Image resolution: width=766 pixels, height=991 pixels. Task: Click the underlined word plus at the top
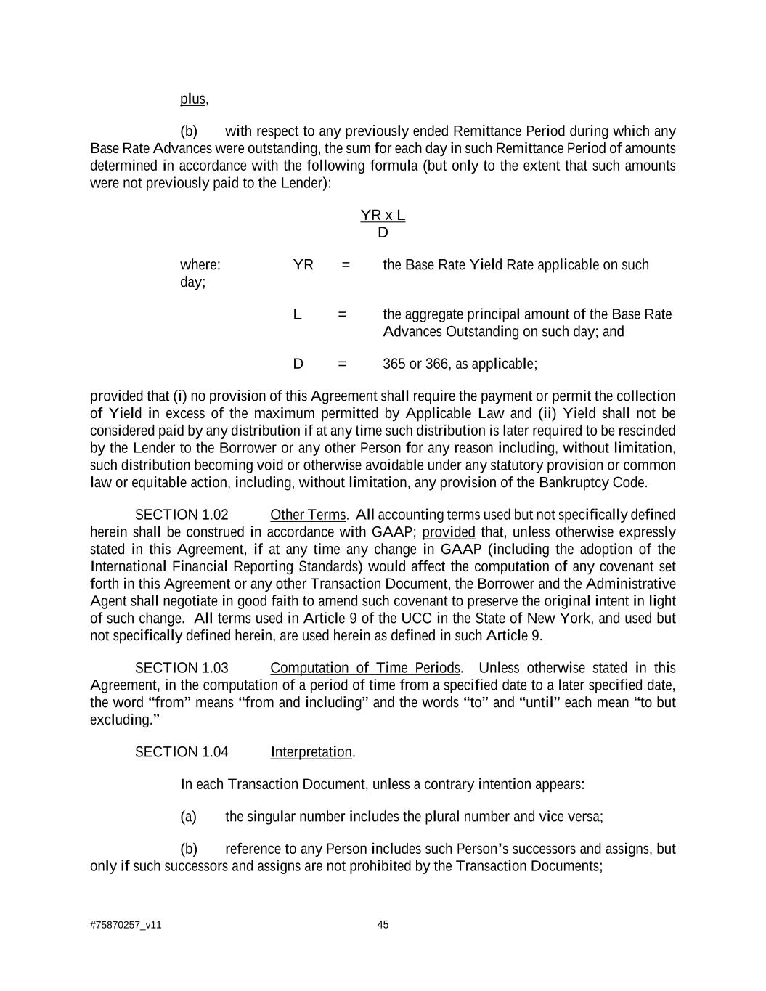click(x=192, y=99)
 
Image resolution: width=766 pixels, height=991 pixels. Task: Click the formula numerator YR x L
click(x=383, y=216)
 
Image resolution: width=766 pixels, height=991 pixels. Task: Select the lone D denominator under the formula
click(x=383, y=233)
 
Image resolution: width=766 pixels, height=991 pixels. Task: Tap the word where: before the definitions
click(x=200, y=265)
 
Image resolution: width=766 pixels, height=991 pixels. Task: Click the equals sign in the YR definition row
click(x=346, y=265)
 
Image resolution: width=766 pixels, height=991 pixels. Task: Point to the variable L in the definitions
click(x=297, y=314)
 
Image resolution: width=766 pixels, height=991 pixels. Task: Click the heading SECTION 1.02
click(x=182, y=515)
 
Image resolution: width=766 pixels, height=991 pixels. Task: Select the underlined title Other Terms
click(x=308, y=515)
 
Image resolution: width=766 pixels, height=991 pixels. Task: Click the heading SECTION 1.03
click(x=182, y=668)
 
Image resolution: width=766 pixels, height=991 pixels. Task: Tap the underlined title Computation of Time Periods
click(x=365, y=668)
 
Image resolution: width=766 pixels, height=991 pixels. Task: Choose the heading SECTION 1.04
click(x=182, y=752)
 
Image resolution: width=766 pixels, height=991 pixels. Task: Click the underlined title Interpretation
click(x=311, y=752)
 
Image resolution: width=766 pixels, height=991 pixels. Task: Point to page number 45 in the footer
click(x=383, y=925)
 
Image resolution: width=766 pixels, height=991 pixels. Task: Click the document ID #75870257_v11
click(x=126, y=926)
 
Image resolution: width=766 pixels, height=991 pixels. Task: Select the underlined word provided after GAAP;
click(x=448, y=532)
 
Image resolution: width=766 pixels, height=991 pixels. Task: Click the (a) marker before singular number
click(x=188, y=817)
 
